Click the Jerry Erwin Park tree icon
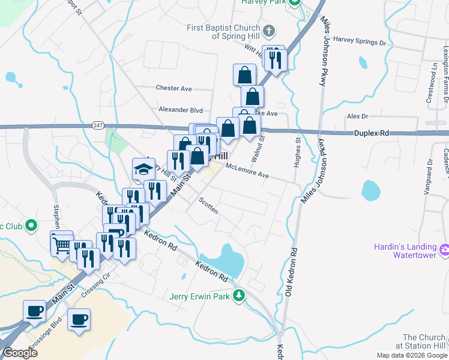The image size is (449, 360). point(240,295)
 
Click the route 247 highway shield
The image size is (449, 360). point(97,125)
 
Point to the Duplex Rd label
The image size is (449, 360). point(372,133)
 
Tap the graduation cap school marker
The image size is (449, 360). point(143,169)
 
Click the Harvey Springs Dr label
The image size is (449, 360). point(360,41)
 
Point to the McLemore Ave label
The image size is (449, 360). point(247,172)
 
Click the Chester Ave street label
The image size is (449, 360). point(173,88)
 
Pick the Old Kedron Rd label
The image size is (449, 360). point(291,273)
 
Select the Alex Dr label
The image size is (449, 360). point(357,116)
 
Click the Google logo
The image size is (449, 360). point(20,352)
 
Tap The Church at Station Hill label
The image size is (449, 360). point(424,341)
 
